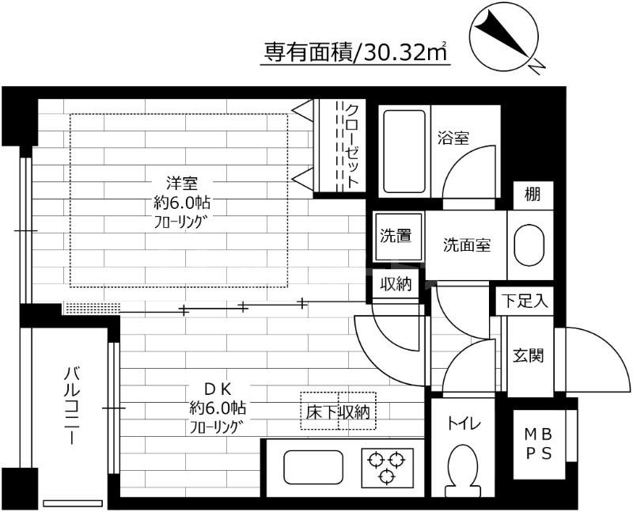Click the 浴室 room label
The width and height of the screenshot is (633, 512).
pyautogui.click(x=453, y=137)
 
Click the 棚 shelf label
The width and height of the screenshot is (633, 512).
pyautogui.click(x=533, y=195)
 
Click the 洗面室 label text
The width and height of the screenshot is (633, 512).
pyautogui.click(x=466, y=245)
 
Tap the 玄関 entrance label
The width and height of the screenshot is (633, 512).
pyautogui.click(x=528, y=355)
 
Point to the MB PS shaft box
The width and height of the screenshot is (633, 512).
pyautogui.click(x=540, y=445)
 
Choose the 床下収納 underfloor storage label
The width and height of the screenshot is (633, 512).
pyautogui.click(x=338, y=411)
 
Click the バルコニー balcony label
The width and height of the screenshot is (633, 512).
pyautogui.click(x=72, y=406)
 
